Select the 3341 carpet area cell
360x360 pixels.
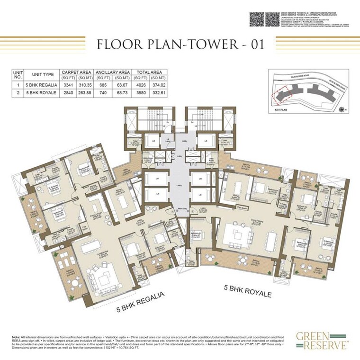[68, 85]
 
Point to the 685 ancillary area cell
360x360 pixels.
[103, 85]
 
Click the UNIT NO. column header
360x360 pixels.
[18, 75]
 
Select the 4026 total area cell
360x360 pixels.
[137, 85]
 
